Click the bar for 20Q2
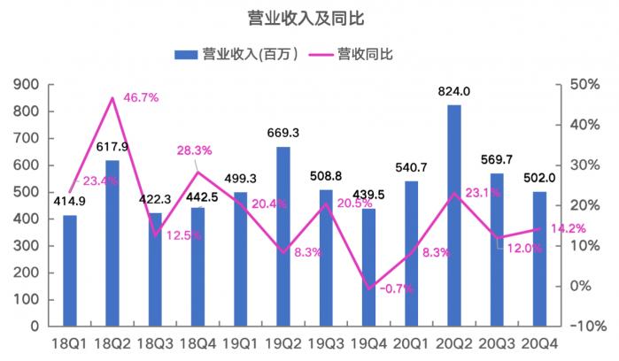coord(454,215)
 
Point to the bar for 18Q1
coord(70,270)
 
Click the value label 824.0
coord(454,91)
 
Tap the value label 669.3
coord(283,133)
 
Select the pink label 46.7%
coord(141,96)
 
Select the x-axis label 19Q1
coord(241,343)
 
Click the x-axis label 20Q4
coord(539,343)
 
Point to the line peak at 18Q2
coord(112,97)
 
